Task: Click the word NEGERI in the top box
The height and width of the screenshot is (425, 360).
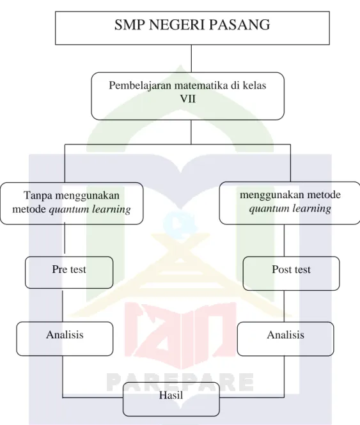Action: coord(175,25)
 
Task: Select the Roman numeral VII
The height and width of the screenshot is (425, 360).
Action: coord(188,99)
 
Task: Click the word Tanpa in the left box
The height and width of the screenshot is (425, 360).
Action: coord(38,196)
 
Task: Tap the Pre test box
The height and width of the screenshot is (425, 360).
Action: coord(69,272)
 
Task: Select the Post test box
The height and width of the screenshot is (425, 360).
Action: coord(291,274)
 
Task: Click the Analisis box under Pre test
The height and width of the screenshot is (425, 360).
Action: coord(65,339)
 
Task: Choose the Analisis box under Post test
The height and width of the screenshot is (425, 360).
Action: coord(285,339)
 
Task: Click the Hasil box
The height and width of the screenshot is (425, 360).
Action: coord(171,399)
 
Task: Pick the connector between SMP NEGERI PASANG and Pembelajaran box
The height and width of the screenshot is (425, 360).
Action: coord(191,59)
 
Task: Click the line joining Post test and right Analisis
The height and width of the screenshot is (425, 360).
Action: coord(284,306)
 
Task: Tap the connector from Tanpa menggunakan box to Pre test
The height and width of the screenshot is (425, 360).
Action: coord(65,238)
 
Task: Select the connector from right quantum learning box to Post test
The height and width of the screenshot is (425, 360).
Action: coord(284,240)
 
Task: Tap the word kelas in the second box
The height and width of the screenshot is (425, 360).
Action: coord(254,86)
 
